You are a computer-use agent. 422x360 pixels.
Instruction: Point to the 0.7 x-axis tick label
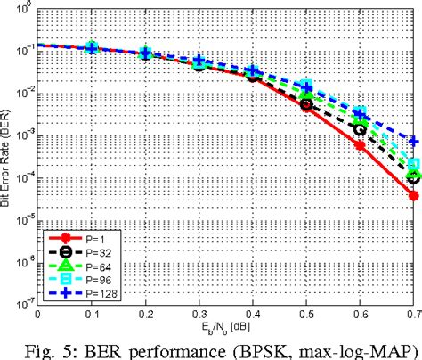411,314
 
